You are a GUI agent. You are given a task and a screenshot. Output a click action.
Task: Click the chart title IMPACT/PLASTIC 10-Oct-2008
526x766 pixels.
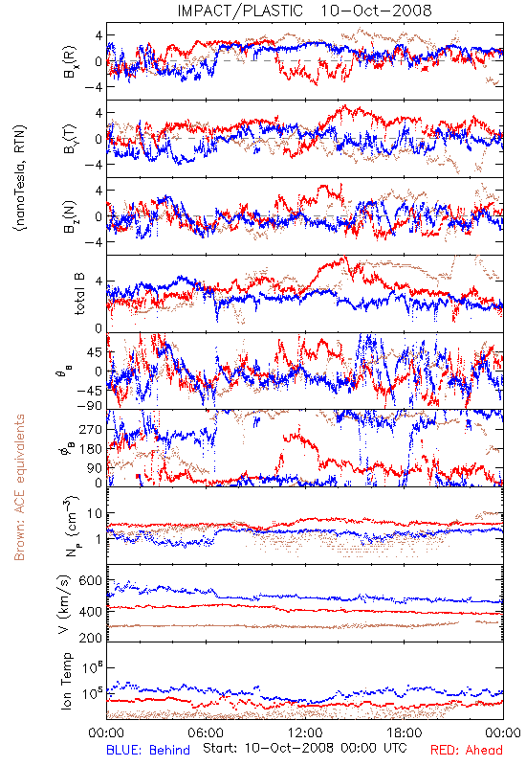click(x=304, y=11)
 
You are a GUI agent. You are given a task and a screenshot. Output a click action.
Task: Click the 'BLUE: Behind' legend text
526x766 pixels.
click(x=148, y=751)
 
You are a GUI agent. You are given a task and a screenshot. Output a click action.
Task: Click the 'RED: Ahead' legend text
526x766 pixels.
click(x=466, y=751)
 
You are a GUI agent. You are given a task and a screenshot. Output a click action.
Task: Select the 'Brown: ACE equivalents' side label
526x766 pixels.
click(x=19, y=487)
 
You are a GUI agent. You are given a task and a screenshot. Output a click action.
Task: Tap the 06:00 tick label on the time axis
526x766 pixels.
click(x=206, y=733)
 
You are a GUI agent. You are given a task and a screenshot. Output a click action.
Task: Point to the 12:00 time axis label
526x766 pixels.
click(x=305, y=733)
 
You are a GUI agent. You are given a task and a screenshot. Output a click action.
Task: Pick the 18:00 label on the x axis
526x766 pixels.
click(x=405, y=733)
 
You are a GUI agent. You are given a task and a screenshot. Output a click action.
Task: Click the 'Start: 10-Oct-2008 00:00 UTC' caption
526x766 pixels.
click(x=304, y=748)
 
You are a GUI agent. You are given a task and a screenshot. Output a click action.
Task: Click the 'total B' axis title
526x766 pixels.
click(x=79, y=294)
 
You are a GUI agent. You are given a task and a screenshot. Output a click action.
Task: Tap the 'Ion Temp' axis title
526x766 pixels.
click(x=66, y=681)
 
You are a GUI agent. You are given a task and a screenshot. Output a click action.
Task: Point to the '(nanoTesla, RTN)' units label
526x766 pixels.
click(x=21, y=178)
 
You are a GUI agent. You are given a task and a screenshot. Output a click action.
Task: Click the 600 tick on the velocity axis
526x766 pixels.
click(x=90, y=581)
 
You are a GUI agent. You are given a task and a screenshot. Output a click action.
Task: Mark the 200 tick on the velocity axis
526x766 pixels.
click(x=90, y=638)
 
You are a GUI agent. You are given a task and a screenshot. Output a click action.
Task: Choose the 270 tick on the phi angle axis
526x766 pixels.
click(x=91, y=429)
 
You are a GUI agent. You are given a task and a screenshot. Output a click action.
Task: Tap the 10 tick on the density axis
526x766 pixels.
click(x=95, y=513)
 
